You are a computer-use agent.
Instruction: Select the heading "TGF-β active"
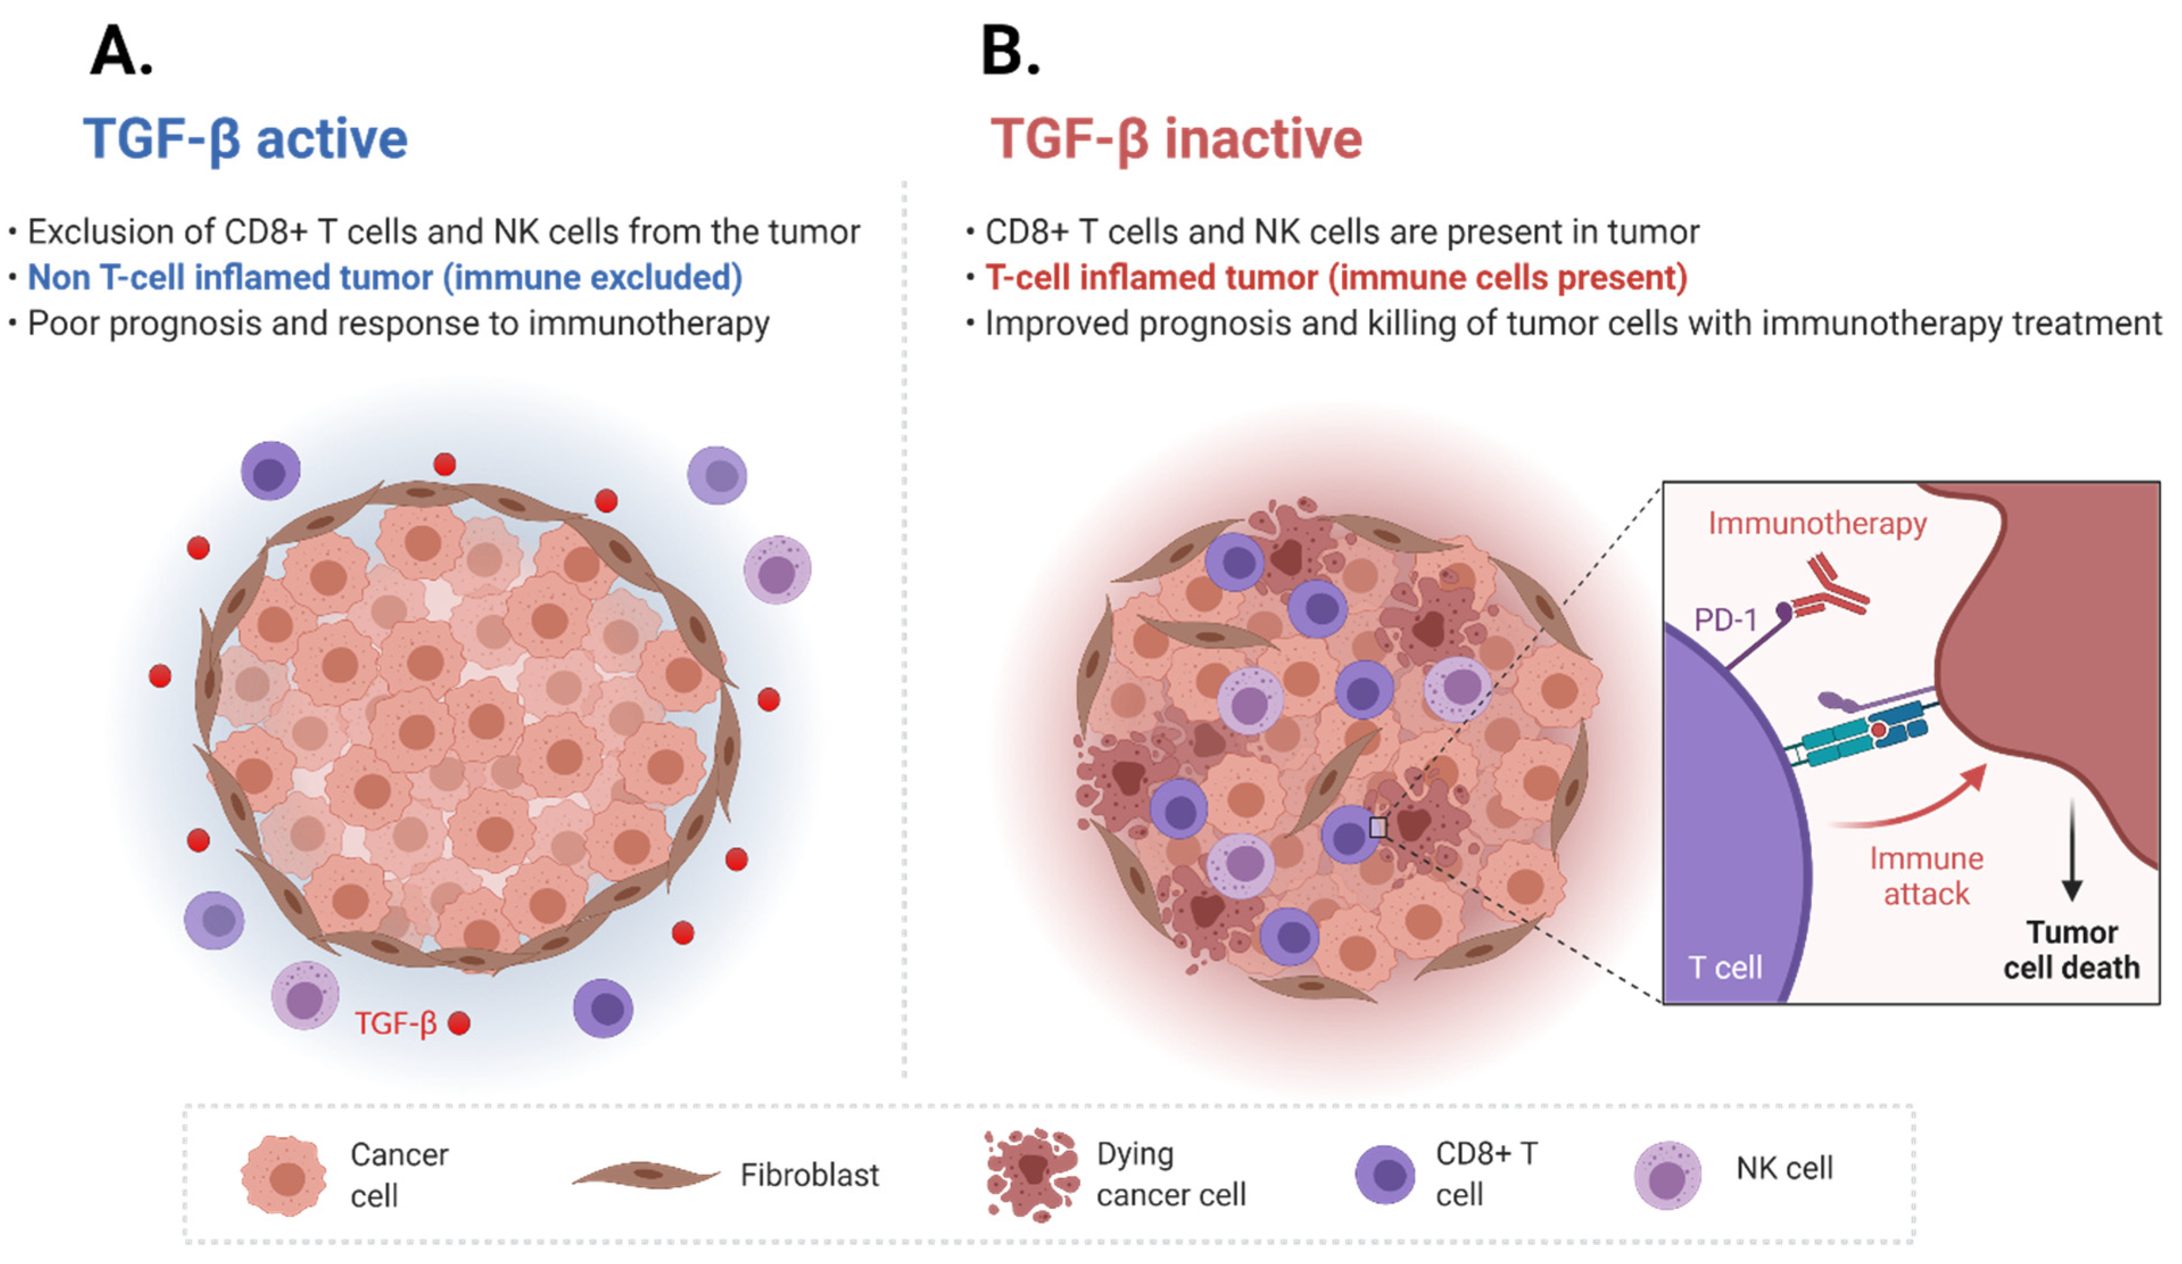[245, 139]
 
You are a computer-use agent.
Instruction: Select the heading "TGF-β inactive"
[1176, 139]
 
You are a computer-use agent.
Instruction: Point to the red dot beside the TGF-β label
[459, 1023]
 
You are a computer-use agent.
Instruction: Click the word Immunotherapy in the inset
[1816, 523]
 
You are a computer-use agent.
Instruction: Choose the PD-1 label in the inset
[1725, 620]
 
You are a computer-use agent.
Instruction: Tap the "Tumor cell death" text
[2071, 951]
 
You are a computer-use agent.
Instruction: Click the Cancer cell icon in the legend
[284, 1176]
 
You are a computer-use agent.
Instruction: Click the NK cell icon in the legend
[1667, 1176]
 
